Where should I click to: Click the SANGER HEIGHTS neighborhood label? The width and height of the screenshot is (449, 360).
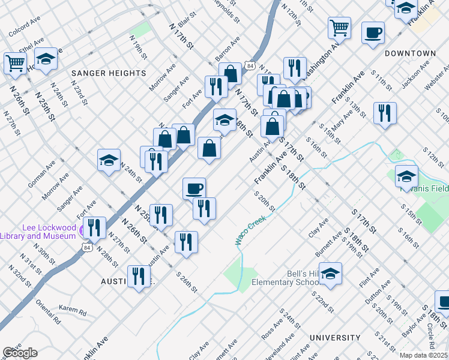tap(109, 73)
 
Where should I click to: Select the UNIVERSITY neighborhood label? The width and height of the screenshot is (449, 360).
tap(334, 338)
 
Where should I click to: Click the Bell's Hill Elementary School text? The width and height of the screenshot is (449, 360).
tap(285, 278)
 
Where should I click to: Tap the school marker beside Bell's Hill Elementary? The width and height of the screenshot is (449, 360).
tap(330, 274)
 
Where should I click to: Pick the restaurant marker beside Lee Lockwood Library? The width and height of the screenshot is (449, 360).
tap(95, 227)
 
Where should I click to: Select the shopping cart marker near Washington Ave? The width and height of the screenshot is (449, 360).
tap(339, 27)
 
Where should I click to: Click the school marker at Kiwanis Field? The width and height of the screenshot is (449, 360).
tap(406, 176)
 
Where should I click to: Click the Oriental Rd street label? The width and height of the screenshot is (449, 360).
tap(49, 312)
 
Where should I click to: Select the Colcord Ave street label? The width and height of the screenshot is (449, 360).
tap(24, 27)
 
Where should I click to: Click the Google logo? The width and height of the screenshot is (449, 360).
tap(20, 353)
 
